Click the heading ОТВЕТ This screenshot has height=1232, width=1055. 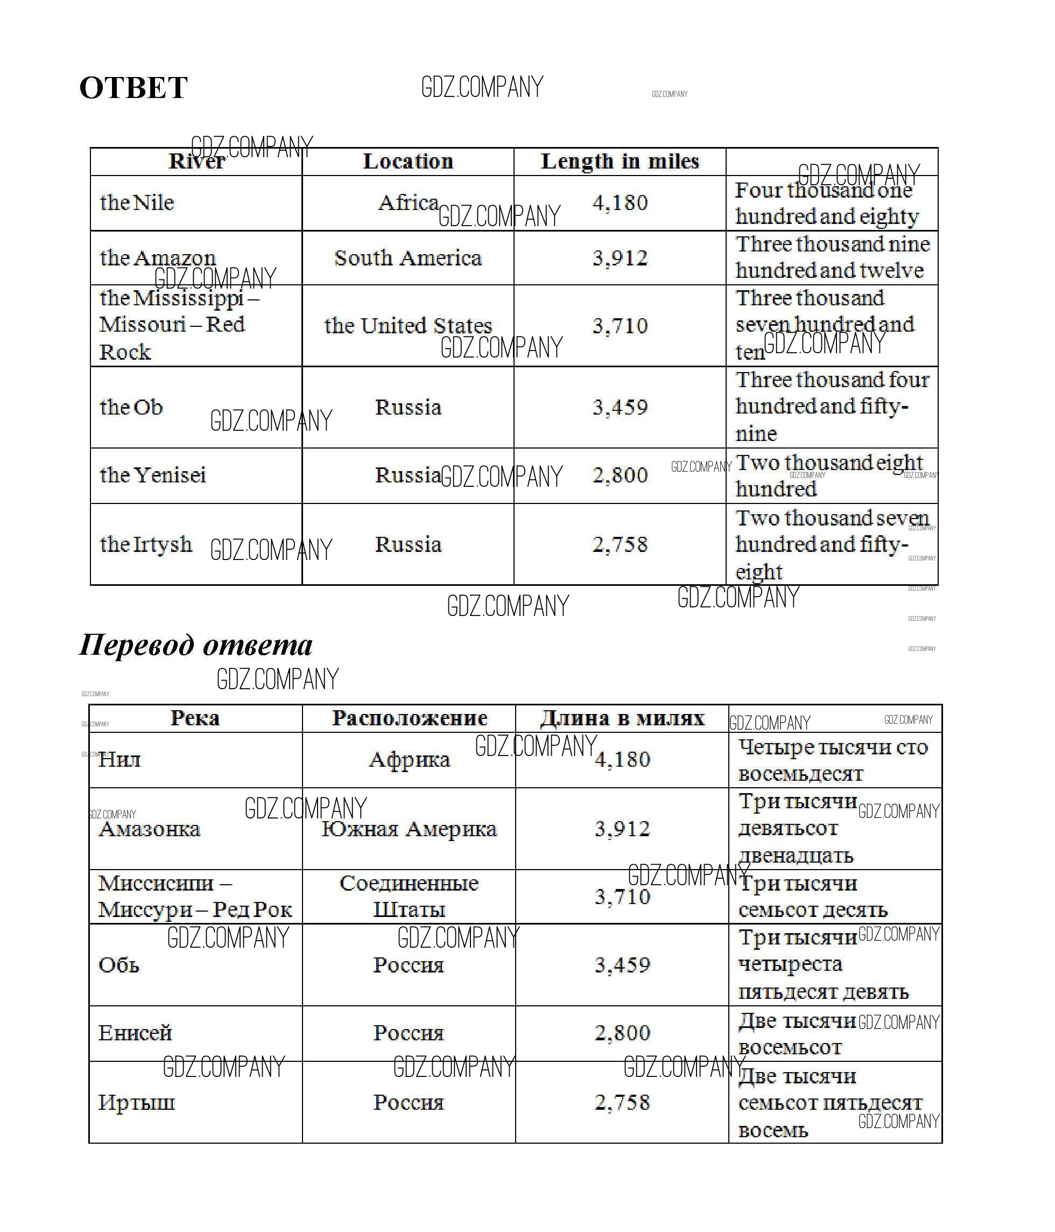133,88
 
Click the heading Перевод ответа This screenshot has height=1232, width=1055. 195,645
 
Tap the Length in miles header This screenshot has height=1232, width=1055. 620,162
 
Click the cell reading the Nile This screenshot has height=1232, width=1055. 137,203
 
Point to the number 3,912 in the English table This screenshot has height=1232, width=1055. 620,258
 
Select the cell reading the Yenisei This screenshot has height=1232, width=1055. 153,475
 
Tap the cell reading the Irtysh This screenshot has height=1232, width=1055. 146,544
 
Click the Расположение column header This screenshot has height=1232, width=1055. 409,718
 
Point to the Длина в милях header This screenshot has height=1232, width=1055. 622,718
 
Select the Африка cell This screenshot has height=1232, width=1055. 409,759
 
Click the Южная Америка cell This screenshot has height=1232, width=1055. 409,829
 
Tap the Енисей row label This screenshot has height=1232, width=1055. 135,1033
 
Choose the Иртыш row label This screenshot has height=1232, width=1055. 136,1102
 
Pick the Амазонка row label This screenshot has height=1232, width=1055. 149,829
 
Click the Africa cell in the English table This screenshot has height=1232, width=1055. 407,203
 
